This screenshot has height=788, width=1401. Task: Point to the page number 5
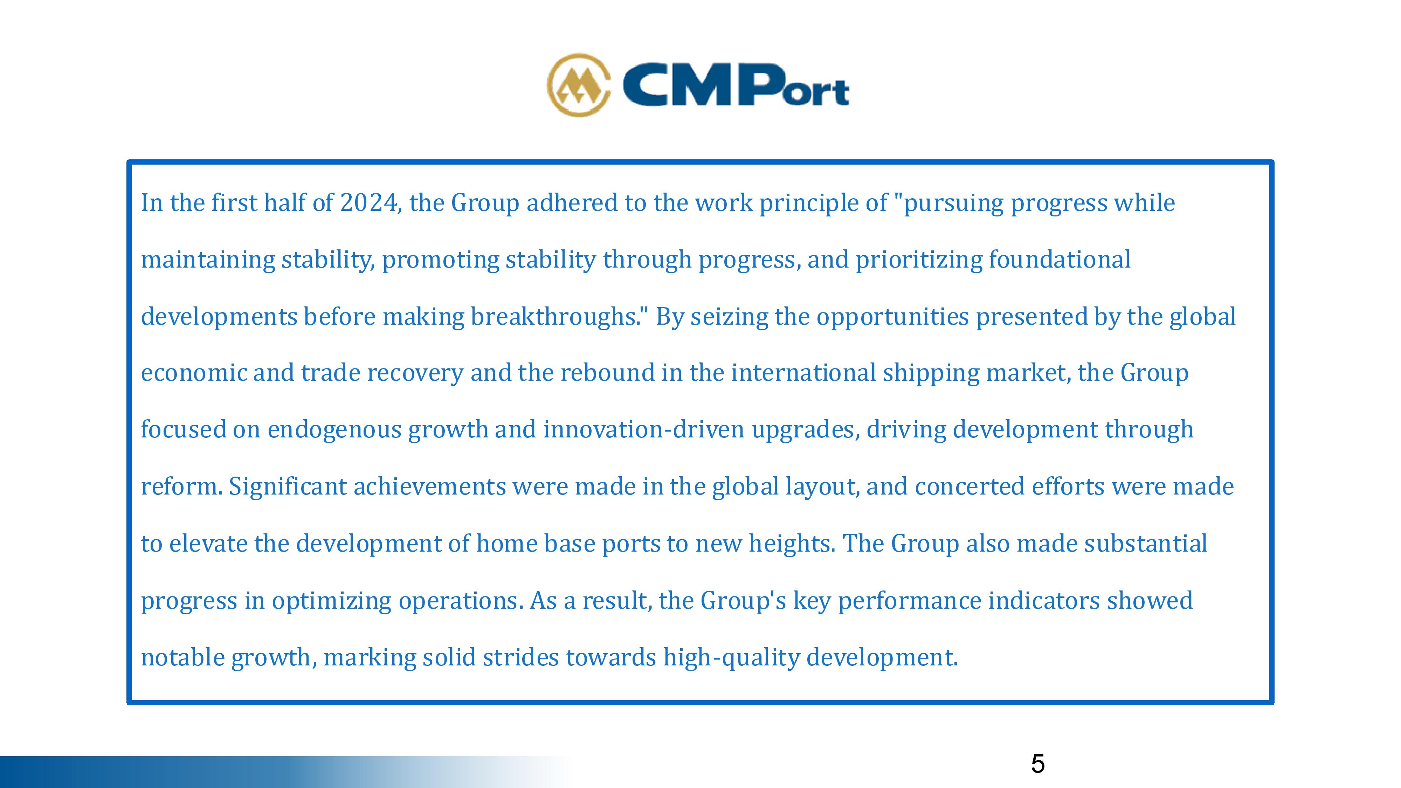(1038, 764)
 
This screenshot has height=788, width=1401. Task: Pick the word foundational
(1060, 260)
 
